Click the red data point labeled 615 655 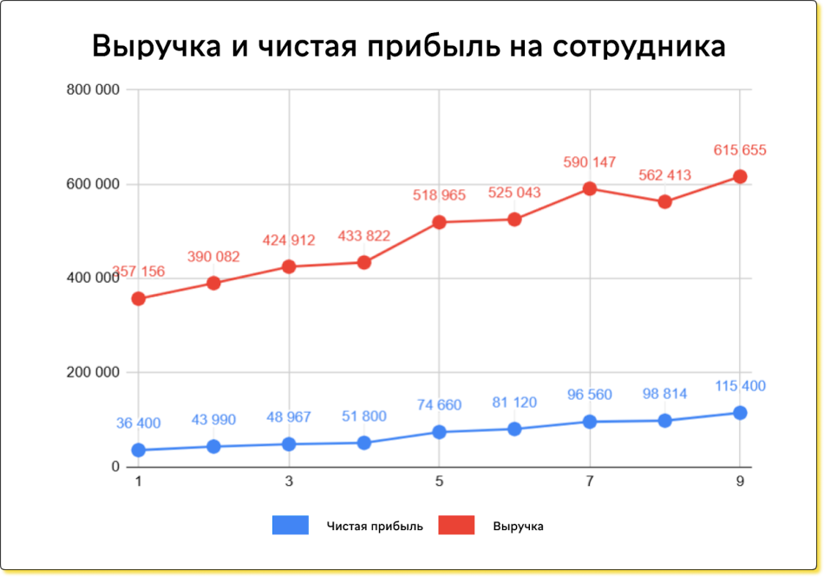tap(740, 176)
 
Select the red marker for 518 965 tap(439, 222)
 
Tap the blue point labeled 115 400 tap(740, 412)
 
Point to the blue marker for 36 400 tap(138, 449)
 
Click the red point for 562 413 tap(665, 201)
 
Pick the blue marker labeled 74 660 tap(439, 431)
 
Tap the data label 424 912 tap(289, 240)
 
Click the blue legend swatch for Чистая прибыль tap(291, 525)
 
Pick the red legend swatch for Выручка tap(456, 525)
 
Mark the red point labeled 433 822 tap(364, 262)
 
